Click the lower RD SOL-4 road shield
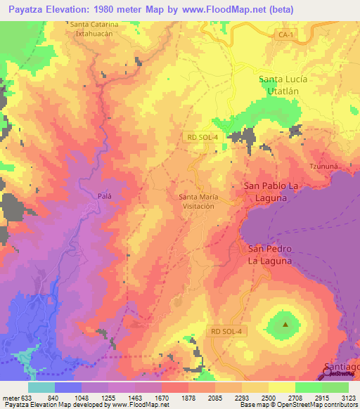coord(227,330)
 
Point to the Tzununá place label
coord(324,166)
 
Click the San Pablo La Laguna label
coord(275,192)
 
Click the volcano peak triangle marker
coord(285,325)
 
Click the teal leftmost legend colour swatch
coord(41,387)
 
